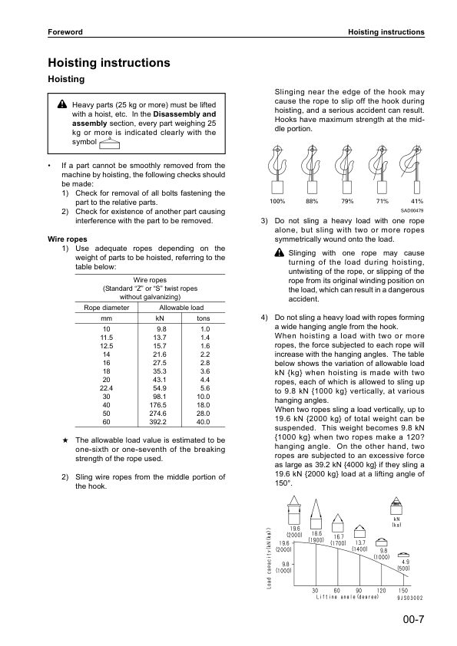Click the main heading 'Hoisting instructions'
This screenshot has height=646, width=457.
(x=108, y=63)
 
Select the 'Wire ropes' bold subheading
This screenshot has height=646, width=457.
(x=67, y=239)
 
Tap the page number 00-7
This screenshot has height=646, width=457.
(x=412, y=621)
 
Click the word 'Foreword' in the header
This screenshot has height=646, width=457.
(x=65, y=32)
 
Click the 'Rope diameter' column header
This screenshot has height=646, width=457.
(x=106, y=307)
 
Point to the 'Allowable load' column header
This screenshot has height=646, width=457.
(x=180, y=307)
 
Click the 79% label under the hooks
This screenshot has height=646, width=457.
(x=347, y=201)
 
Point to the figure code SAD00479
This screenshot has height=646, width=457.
(x=412, y=210)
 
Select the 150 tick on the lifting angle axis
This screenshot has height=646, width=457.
(x=404, y=590)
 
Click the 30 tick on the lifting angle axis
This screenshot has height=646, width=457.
(x=316, y=590)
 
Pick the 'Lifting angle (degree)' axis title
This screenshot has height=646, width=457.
(x=347, y=597)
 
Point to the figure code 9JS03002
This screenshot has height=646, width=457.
(x=411, y=598)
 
